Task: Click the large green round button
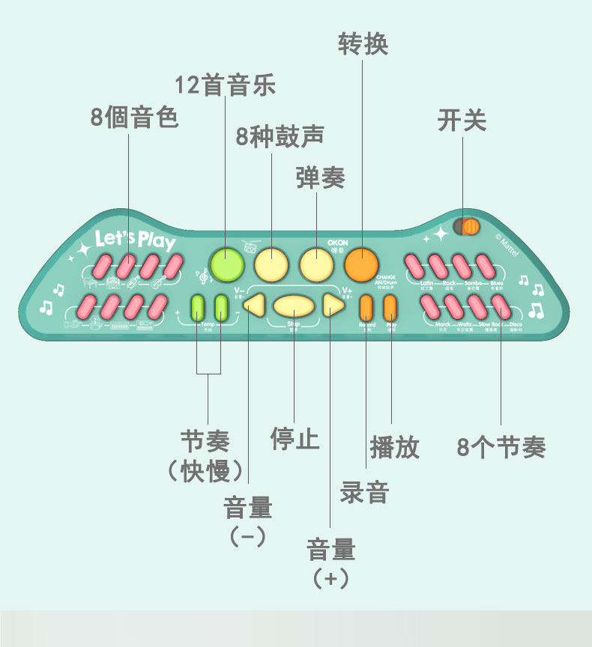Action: click(226, 264)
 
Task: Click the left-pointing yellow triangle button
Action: click(255, 305)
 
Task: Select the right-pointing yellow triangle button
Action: click(332, 305)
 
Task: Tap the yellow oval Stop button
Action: click(293, 306)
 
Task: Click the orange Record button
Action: click(366, 307)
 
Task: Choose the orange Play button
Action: click(390, 307)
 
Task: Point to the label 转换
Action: click(363, 44)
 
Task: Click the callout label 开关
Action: click(462, 121)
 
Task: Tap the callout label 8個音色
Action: click(135, 118)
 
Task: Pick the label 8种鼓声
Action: click(280, 137)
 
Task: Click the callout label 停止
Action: click(295, 439)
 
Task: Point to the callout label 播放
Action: click(394, 447)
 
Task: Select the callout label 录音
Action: click(365, 492)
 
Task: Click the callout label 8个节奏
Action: click(501, 447)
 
